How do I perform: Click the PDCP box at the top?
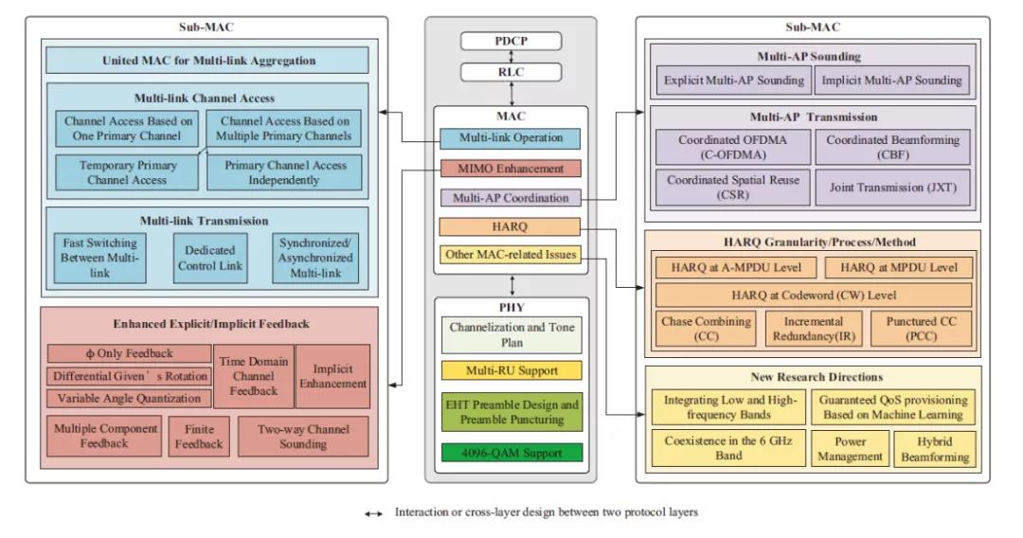(x=511, y=41)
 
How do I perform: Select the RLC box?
(x=511, y=71)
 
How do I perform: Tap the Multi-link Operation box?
(x=511, y=138)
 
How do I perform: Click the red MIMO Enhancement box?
(x=511, y=169)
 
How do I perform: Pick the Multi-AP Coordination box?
(x=511, y=198)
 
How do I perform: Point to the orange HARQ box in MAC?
(x=511, y=226)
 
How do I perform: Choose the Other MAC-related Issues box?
(x=511, y=255)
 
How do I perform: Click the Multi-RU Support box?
(x=511, y=369)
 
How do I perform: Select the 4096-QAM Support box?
(x=511, y=452)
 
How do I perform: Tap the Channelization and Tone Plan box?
(x=511, y=335)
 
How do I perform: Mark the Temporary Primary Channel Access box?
(x=127, y=171)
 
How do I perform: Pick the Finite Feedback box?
(x=199, y=437)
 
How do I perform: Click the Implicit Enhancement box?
(x=332, y=376)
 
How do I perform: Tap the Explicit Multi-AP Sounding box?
(x=734, y=81)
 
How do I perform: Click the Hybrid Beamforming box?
(x=935, y=449)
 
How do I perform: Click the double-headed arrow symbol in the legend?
(x=373, y=513)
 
